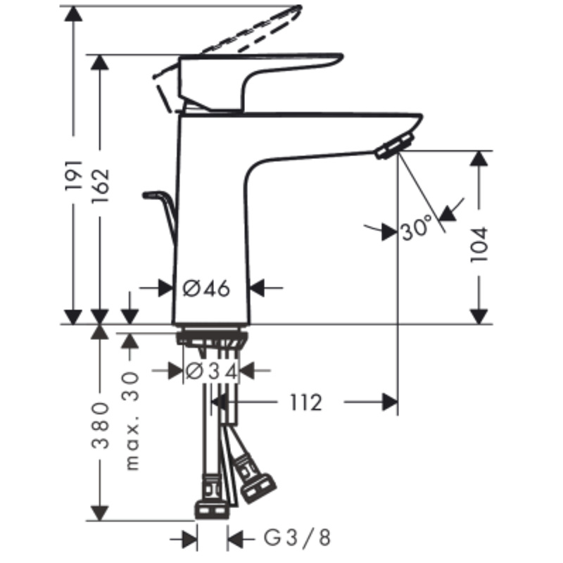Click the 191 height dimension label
point(74,175)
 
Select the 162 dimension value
point(100,186)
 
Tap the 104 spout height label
point(479,244)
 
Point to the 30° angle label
point(417,227)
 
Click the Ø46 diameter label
point(206,288)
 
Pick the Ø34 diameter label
point(211,371)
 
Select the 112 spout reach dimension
point(305,403)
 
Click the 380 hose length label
point(100,426)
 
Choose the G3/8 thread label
point(297,538)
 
